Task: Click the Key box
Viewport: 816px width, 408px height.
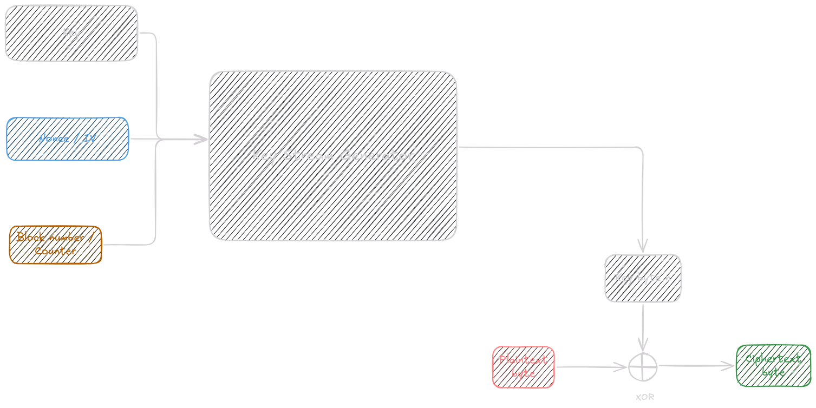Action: [71, 33]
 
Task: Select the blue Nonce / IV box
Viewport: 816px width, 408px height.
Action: [68, 139]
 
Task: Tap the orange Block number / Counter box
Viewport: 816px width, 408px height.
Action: [56, 245]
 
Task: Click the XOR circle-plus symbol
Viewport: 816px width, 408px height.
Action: [643, 367]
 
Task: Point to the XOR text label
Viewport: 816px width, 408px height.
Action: [644, 397]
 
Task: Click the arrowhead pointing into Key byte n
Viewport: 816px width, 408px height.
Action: [643, 247]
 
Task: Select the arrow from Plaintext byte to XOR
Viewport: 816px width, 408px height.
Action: [590, 367]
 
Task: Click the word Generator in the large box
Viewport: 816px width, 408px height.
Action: [377, 156]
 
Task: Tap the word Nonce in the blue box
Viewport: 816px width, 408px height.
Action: [54, 139]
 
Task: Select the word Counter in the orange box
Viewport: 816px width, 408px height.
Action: [55, 251]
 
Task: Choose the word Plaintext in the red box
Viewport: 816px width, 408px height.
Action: [523, 359]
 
